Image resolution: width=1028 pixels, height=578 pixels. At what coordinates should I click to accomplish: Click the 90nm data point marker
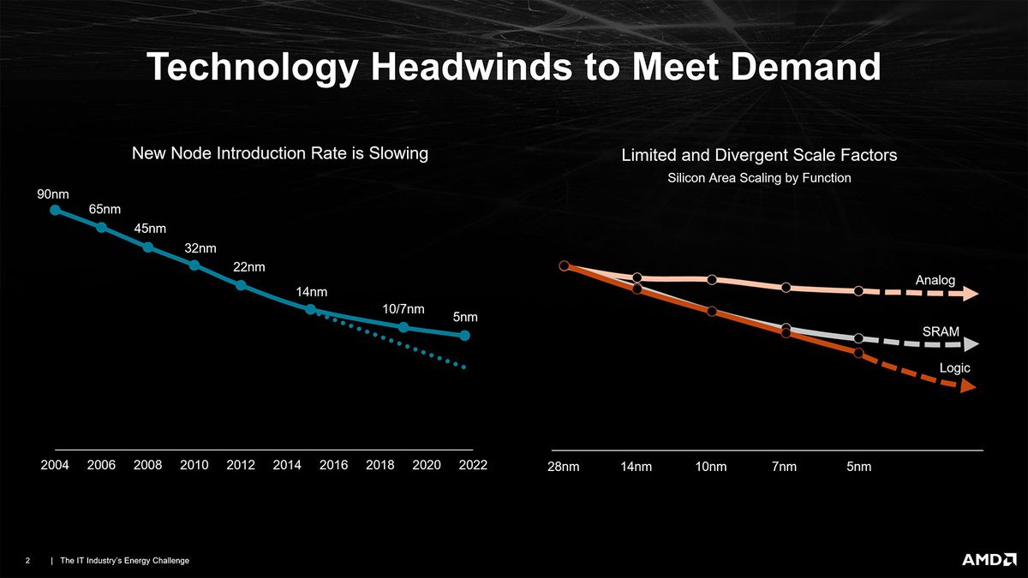tap(55, 210)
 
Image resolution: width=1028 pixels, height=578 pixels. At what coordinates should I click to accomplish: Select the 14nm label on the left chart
tap(312, 293)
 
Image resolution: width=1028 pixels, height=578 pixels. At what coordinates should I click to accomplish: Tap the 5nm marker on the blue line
tap(464, 336)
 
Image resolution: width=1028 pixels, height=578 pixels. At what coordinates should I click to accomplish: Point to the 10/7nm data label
tap(403, 308)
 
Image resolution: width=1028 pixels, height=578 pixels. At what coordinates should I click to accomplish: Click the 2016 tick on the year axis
tap(333, 465)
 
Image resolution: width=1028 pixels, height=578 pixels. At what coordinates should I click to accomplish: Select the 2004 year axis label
tap(55, 465)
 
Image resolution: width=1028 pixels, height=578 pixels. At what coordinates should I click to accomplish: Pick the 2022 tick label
tap(472, 465)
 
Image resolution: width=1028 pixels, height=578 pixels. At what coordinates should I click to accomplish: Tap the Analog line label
tap(935, 280)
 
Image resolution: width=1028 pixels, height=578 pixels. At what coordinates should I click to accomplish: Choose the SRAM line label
tap(940, 331)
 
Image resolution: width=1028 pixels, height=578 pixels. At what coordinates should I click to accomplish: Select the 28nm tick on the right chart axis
tap(564, 467)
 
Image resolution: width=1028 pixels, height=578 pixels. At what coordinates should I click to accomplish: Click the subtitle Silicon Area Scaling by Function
tap(758, 178)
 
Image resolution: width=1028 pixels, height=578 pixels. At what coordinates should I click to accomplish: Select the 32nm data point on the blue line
tap(194, 265)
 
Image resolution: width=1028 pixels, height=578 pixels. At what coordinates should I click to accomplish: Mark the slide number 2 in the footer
tap(28, 561)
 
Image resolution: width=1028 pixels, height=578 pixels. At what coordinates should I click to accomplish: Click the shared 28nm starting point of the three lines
tap(564, 266)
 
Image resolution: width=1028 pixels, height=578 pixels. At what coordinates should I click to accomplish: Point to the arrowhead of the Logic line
tap(967, 387)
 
